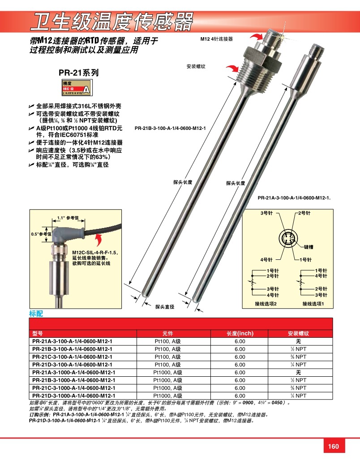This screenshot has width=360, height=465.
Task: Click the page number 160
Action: click(x=334, y=446)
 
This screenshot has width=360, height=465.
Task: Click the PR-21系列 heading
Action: click(x=78, y=72)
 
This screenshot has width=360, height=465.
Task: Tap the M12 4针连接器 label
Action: click(x=217, y=39)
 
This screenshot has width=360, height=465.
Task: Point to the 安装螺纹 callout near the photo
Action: click(x=196, y=66)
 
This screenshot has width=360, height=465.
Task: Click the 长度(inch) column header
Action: click(x=240, y=334)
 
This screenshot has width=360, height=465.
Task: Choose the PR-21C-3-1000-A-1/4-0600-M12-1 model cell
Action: click(x=74, y=387)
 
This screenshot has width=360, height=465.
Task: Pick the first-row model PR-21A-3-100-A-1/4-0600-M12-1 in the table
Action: click(x=73, y=341)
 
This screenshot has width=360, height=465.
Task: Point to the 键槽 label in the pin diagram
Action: click(x=309, y=247)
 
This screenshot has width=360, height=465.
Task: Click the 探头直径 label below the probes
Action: click(x=164, y=307)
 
